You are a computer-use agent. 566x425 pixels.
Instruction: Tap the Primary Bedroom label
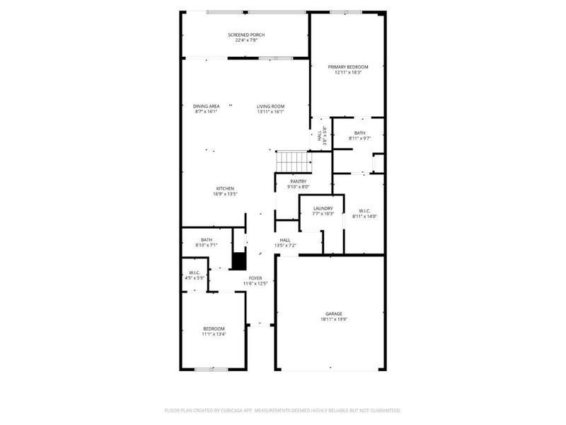(347, 67)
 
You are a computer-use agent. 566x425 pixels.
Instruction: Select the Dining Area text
(207, 106)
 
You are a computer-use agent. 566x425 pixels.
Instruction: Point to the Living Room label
(270, 106)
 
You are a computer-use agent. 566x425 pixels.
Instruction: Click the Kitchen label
(225, 188)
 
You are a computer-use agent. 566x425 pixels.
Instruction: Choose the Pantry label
(298, 181)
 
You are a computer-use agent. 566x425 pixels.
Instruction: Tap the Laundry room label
(323, 208)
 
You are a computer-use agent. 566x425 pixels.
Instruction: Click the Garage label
(334, 313)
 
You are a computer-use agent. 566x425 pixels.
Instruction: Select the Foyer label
(255, 278)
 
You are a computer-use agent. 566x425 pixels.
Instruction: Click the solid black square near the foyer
(239, 261)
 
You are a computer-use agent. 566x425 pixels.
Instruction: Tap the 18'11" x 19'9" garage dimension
(334, 319)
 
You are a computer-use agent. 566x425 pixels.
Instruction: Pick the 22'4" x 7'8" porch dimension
(245, 40)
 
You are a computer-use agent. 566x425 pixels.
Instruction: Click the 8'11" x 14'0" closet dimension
(364, 216)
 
